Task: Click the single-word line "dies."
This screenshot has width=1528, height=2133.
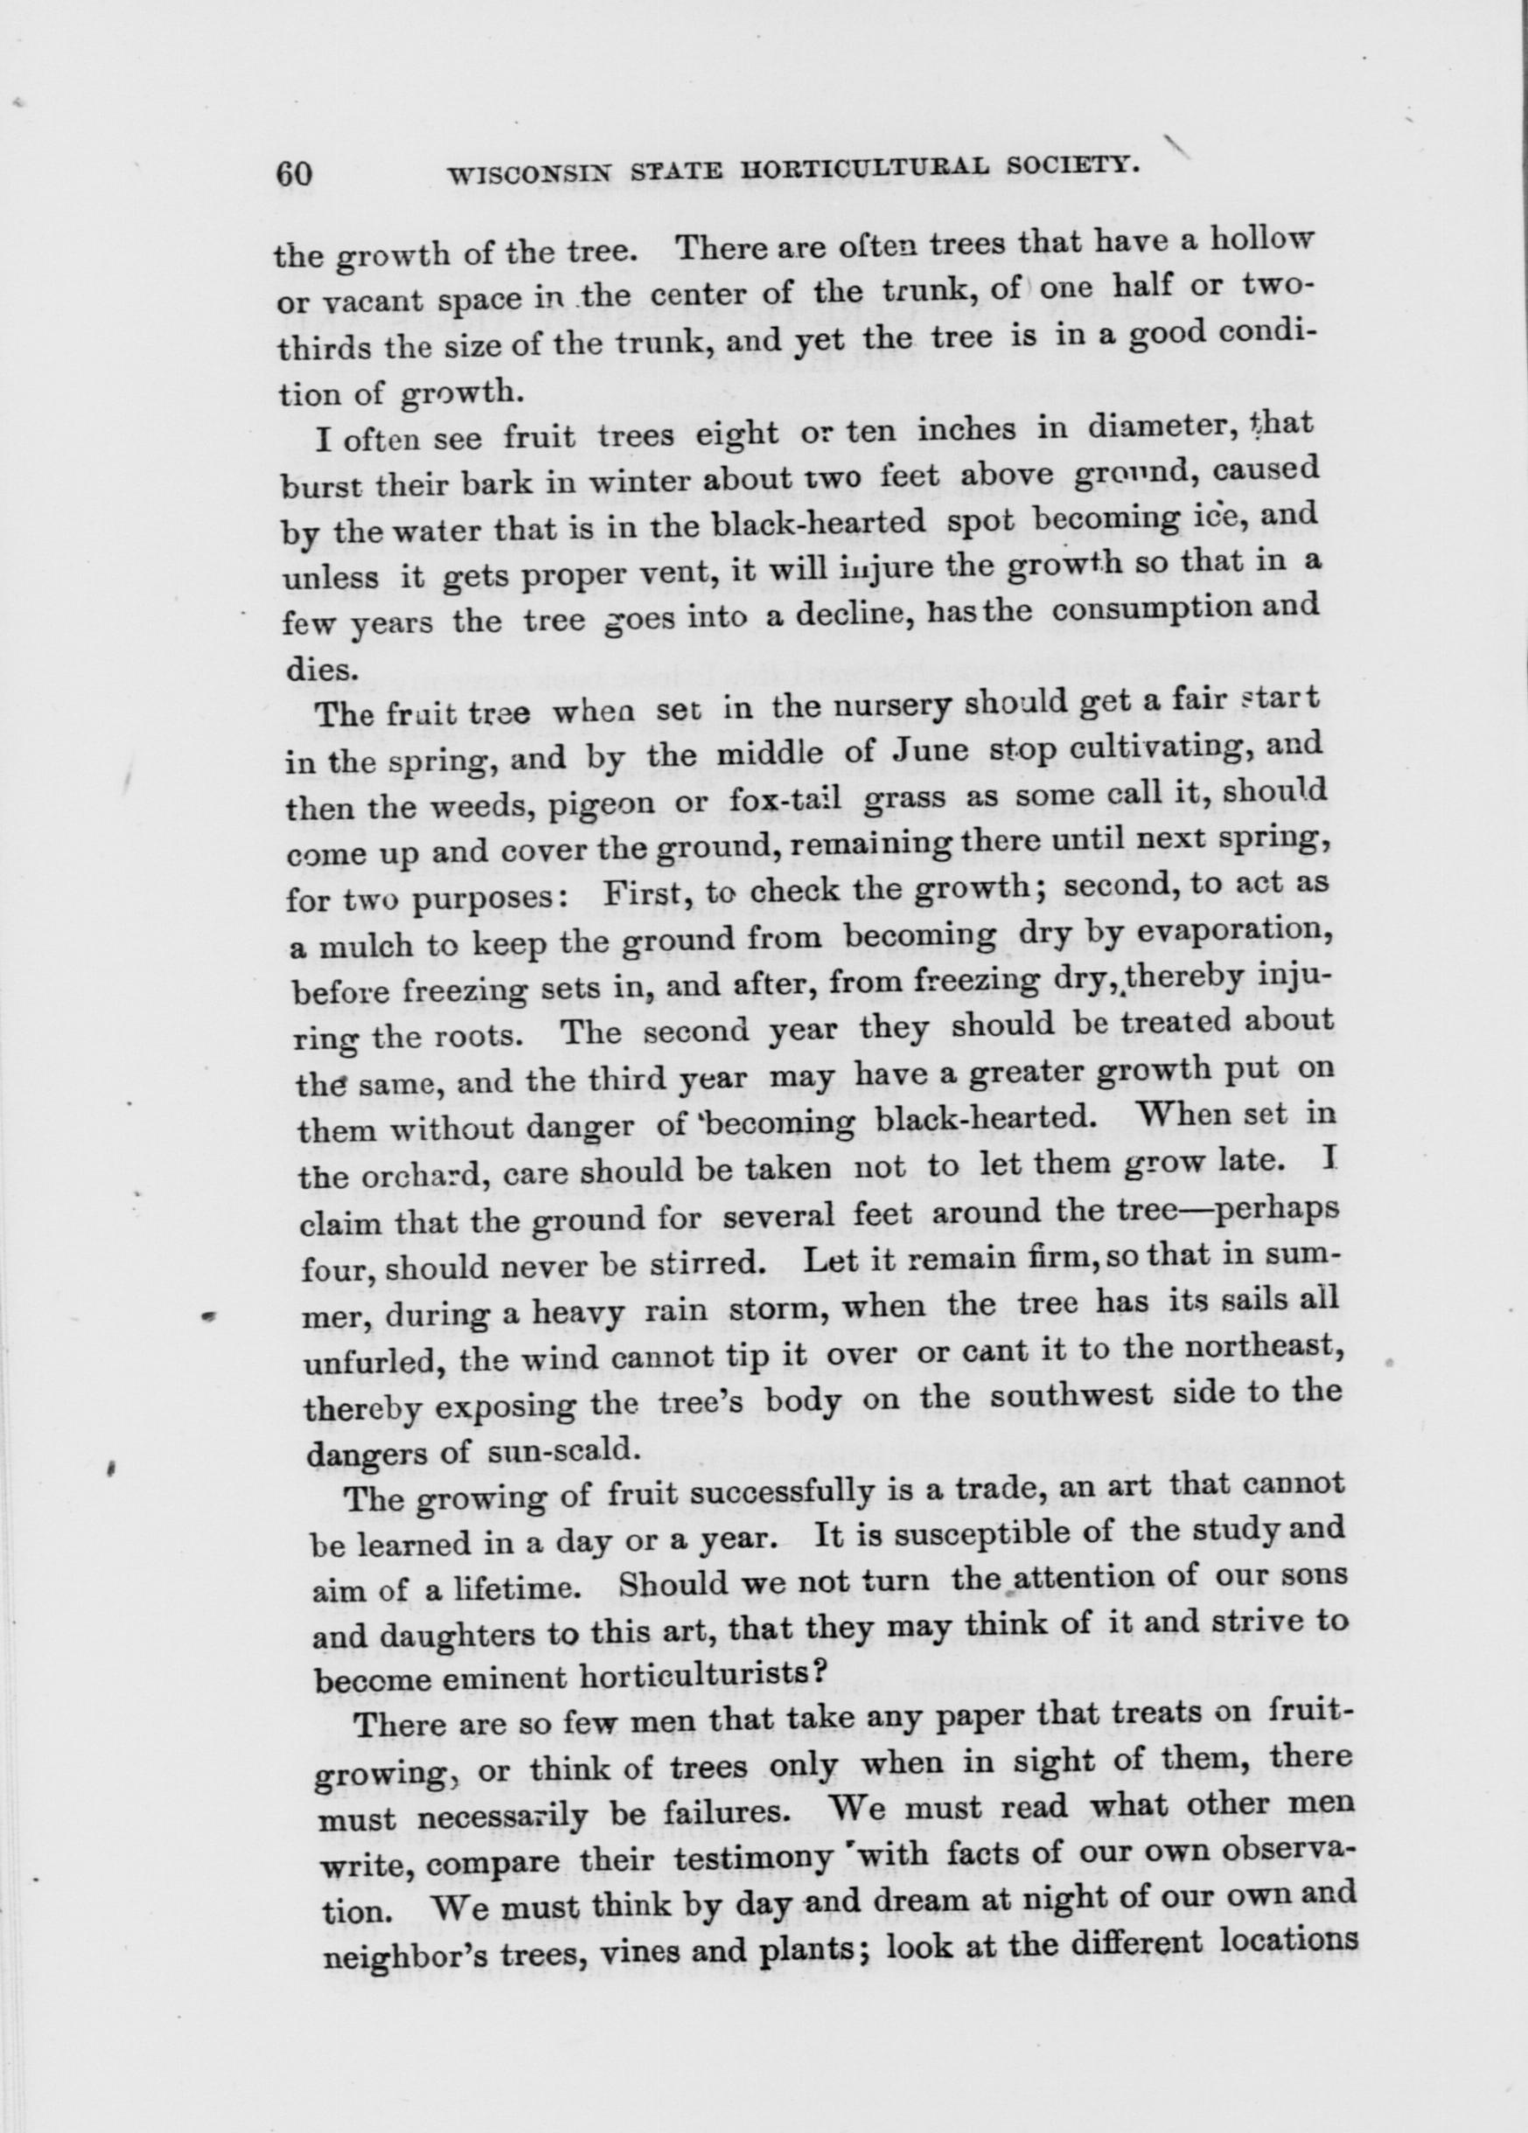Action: pos(306,669)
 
